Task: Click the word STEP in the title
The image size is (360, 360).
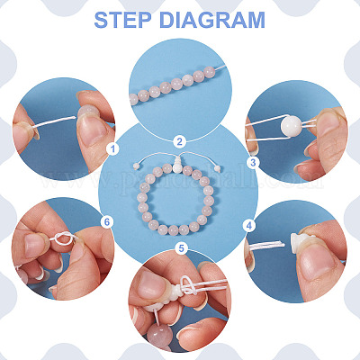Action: coord(122,20)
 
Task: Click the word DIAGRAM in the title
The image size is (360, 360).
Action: coord(212,20)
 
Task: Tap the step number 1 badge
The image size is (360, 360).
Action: coord(112,148)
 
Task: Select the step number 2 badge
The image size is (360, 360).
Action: coord(179,141)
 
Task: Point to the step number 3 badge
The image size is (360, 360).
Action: coord(253,162)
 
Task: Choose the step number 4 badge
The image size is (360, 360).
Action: coord(249,225)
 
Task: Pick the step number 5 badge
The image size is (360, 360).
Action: coord(182,248)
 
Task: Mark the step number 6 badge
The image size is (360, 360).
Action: coord(107,221)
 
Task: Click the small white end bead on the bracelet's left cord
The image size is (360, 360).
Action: coord(136,166)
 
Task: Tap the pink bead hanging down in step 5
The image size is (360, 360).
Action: coord(158,336)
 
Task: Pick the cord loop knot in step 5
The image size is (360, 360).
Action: coord(188,285)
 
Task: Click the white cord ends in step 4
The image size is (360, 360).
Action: coord(267,246)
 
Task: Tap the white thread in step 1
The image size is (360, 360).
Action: coord(54,122)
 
